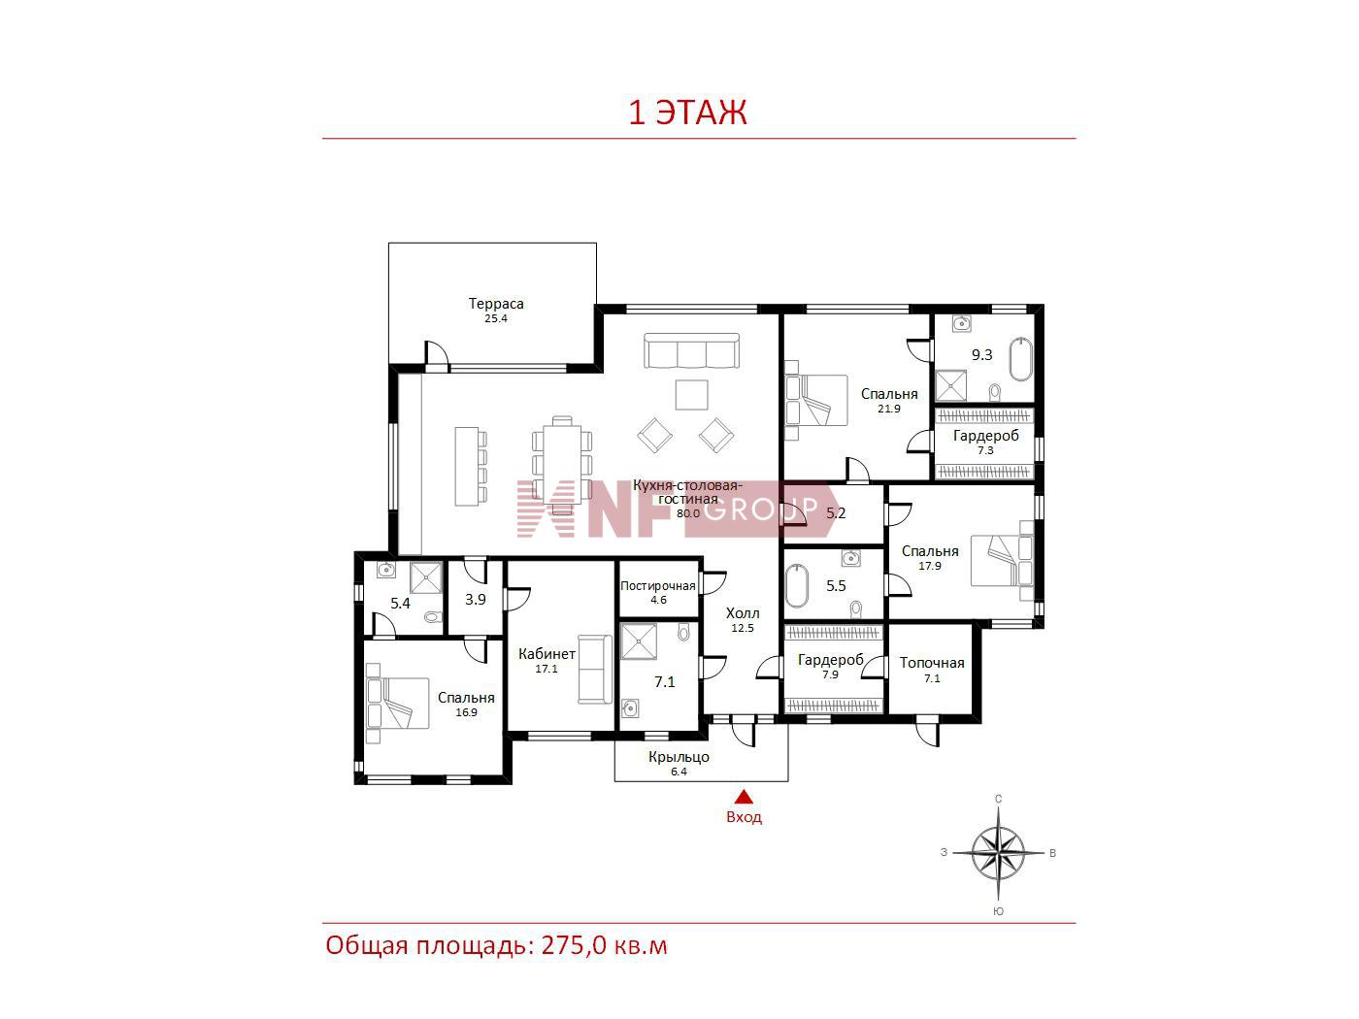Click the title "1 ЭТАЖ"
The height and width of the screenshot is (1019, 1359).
coord(687,113)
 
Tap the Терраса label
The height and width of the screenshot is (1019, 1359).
coord(496,303)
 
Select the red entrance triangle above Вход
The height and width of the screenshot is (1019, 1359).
coord(744,796)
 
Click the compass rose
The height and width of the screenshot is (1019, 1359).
coord(998,853)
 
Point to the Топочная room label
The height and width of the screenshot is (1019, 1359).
coord(932,663)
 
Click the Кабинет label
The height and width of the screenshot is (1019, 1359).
coord(547,653)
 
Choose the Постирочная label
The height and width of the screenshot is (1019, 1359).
coord(657,585)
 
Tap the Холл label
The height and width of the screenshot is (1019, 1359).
coord(743,613)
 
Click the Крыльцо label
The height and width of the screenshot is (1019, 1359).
coord(679,757)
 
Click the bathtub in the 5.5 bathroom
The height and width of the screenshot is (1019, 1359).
coord(797,585)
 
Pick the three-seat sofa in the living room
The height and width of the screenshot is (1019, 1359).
coord(691,350)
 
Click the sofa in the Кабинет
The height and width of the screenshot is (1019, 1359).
coord(595,669)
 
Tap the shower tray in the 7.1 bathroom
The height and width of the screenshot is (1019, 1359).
coord(639,641)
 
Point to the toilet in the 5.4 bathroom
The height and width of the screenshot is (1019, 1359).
coord(433,617)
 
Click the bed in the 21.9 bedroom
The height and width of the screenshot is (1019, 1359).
coord(816,400)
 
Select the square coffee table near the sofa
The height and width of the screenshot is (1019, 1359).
coord(691,395)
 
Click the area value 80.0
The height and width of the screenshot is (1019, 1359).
coord(688,513)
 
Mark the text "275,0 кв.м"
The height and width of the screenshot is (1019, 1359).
coord(605,946)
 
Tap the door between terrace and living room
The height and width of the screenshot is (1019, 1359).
coord(437,356)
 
